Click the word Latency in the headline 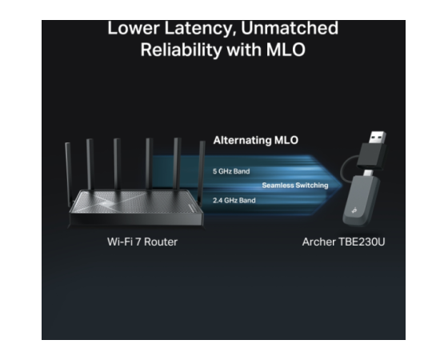coord(200,28)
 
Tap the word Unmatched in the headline coord(290,28)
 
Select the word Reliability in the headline coord(181,50)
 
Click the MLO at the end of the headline coord(286,50)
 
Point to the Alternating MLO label coord(256,140)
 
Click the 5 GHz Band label coord(231,171)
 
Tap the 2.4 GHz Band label coord(234,200)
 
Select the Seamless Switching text coord(295,186)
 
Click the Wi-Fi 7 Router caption coord(142,242)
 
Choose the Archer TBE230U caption coord(343,242)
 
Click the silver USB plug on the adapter coord(378,138)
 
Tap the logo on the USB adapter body coord(354,210)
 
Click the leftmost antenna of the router coord(68,174)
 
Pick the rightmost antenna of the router coord(202,173)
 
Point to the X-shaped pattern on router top coord(110,202)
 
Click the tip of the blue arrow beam coord(342,185)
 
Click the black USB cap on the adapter coord(373,157)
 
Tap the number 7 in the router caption coord(138,242)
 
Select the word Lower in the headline coord(134,28)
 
